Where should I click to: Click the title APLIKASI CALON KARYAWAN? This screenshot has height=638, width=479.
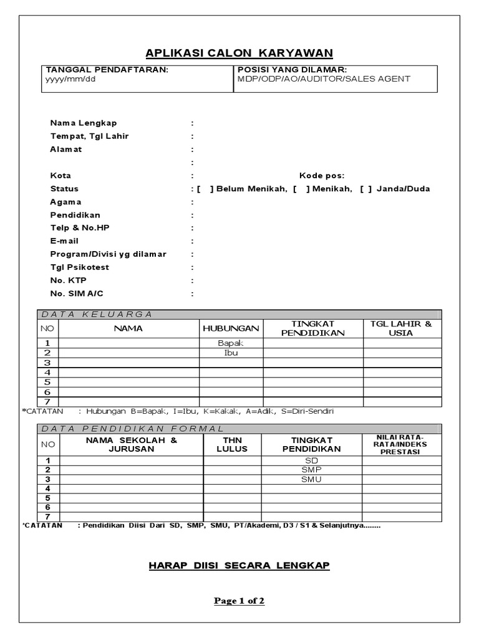(239, 52)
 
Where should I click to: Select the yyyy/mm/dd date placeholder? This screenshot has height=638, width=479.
(69, 79)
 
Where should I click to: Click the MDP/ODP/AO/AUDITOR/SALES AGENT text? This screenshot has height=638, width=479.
(324, 79)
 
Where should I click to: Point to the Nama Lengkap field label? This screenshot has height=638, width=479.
(84, 123)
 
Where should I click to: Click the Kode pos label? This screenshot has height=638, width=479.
(321, 176)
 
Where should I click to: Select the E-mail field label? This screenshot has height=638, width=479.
(64, 241)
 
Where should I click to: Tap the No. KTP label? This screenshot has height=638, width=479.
(67, 280)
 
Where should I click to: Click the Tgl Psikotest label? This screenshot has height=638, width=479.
(79, 267)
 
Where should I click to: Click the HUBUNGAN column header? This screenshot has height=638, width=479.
(231, 328)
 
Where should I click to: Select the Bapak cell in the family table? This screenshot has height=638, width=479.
(231, 343)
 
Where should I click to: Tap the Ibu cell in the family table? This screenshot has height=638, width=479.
(231, 353)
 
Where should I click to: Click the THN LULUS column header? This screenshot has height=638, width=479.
(231, 444)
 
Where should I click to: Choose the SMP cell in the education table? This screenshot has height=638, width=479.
(311, 469)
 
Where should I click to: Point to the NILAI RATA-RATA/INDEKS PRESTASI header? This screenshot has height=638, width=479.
(402, 444)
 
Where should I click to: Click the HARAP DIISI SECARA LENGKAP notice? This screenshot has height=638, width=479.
(239, 566)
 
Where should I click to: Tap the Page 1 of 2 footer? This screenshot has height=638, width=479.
(239, 601)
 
